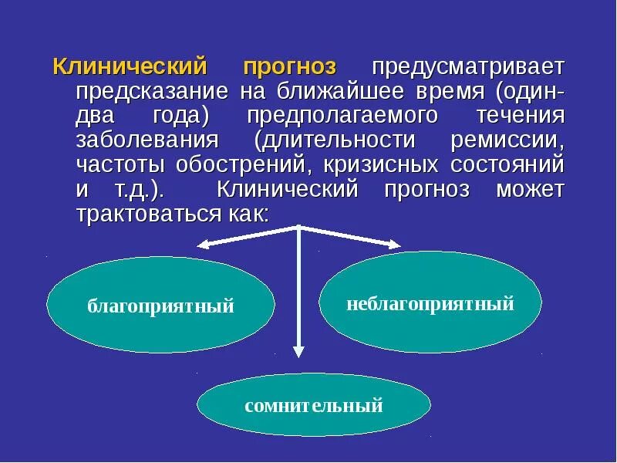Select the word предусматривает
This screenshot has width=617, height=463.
469,67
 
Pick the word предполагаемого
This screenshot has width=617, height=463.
343,117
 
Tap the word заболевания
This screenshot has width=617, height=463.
147,141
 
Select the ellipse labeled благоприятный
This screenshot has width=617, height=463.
160,306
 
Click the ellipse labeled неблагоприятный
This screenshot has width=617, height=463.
430,303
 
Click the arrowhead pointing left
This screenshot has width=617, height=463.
204,245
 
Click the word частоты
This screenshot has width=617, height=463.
117,165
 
